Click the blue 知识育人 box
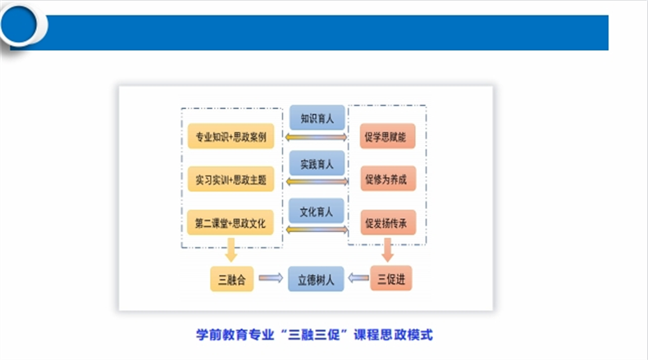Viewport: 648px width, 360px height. [x=316, y=118]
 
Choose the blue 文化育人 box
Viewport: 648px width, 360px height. [x=316, y=212]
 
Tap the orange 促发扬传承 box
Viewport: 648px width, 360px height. [x=388, y=221]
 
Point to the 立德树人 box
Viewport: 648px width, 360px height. [x=316, y=279]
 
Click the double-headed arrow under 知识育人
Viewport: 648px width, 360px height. [x=316, y=137]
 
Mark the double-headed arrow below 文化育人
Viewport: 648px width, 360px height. [x=316, y=230]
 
